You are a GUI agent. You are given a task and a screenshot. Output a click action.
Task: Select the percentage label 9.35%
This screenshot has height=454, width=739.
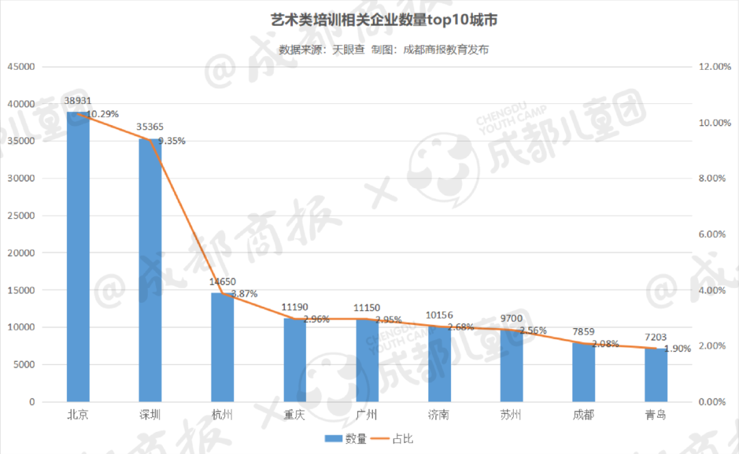click(x=172, y=141)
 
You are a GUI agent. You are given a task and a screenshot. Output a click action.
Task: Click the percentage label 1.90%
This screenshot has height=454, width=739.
click(x=677, y=348)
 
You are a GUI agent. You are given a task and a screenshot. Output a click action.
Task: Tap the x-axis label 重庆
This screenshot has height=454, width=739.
click(x=295, y=415)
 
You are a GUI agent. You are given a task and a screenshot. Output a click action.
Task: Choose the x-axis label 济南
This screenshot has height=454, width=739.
click(x=439, y=415)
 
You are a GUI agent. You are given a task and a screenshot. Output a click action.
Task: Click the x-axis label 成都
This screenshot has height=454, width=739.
click(x=584, y=415)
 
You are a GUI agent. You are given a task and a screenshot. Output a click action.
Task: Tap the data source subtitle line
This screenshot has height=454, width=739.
click(x=384, y=49)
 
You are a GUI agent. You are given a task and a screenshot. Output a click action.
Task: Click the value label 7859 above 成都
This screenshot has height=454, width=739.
click(x=584, y=332)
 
